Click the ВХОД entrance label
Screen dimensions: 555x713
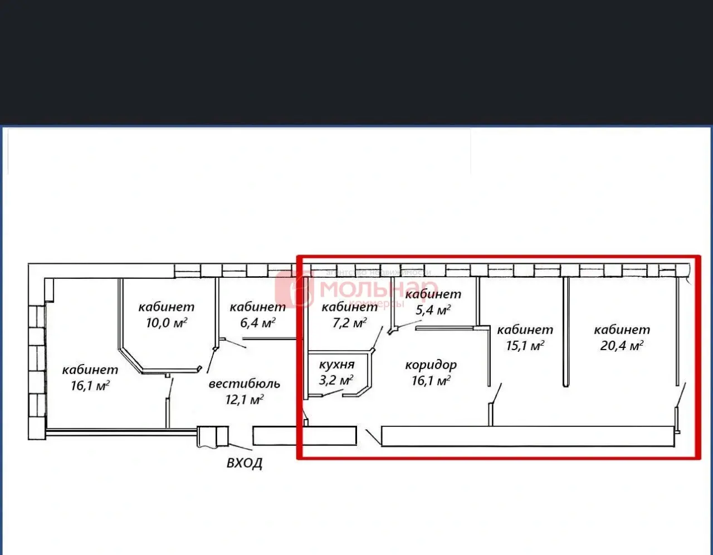tap(244, 463)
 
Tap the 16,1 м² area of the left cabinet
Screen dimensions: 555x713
tap(90, 385)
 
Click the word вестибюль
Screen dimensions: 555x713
tap(244, 384)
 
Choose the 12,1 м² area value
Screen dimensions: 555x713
tap(244, 399)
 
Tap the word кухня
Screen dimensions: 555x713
tap(336, 365)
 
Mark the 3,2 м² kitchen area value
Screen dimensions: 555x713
tap(336, 380)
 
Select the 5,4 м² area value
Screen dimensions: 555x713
tap(433, 310)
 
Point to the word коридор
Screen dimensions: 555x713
tap(431, 365)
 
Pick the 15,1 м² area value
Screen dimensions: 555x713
tap(525, 345)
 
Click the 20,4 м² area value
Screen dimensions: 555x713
tap(622, 345)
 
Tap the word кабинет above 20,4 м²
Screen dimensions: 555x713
tap(622, 330)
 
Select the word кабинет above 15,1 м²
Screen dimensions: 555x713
tap(525, 330)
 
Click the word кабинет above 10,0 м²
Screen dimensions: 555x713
tap(166, 306)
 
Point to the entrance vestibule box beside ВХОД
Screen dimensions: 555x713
tap(212, 436)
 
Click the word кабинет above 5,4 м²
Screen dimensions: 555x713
tap(433, 294)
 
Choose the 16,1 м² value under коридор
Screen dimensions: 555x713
tap(431, 381)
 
